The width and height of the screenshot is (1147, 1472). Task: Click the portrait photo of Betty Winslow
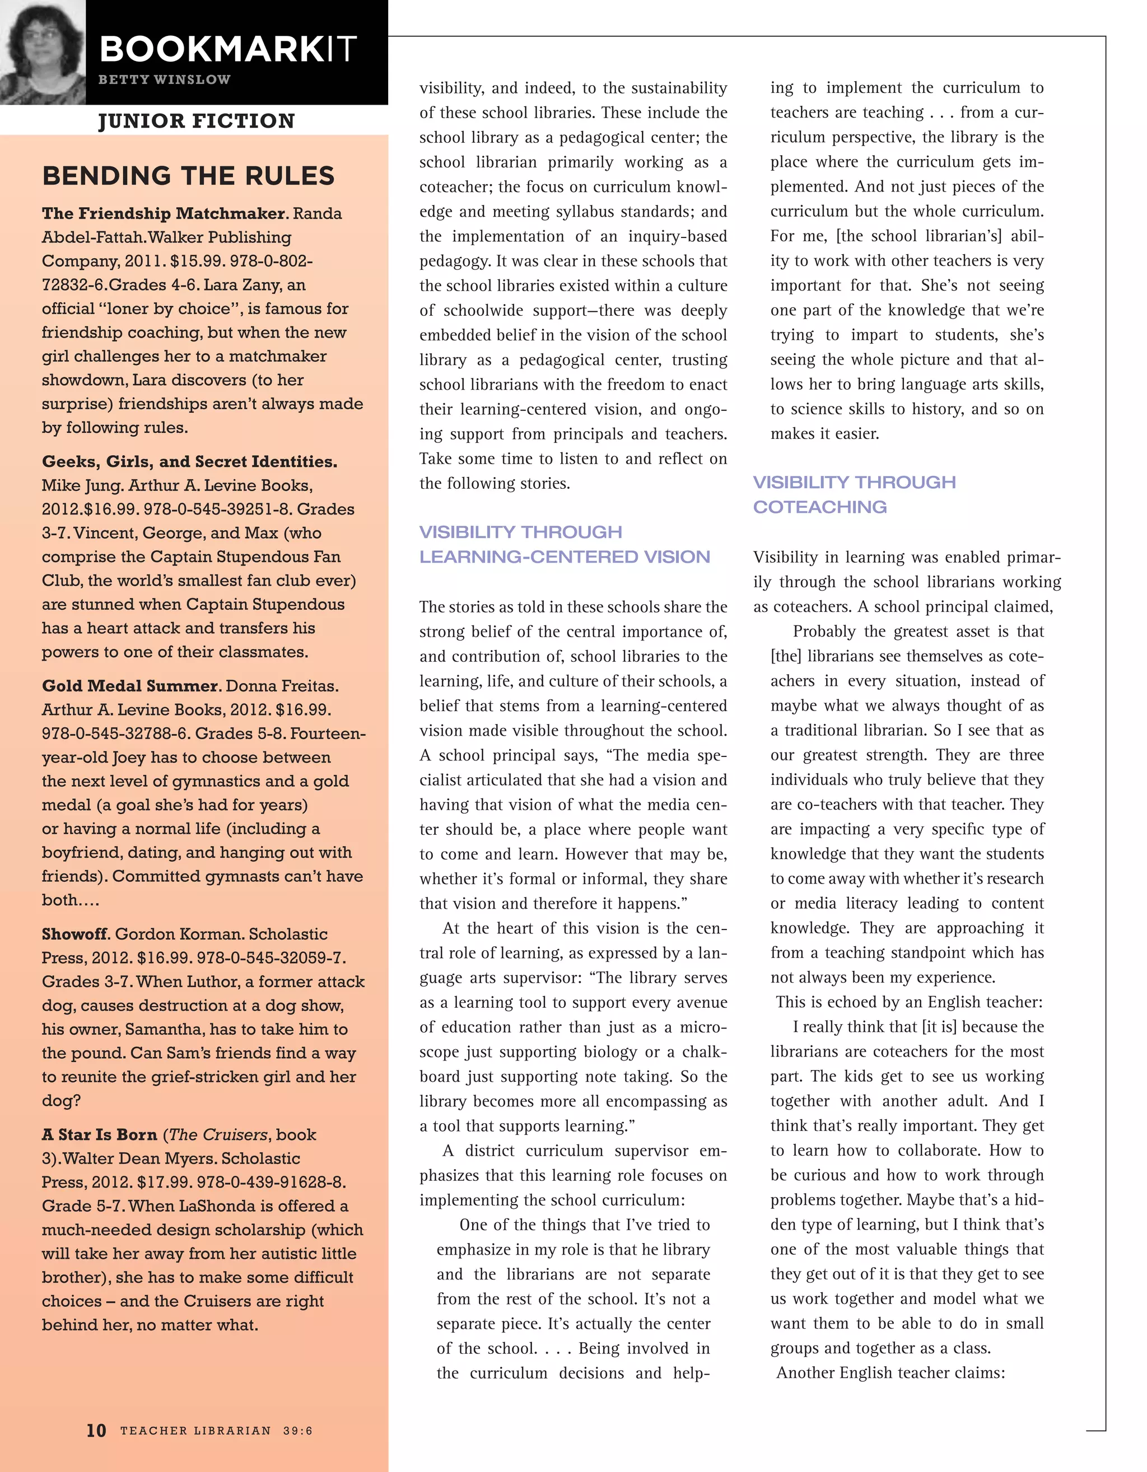(x=42, y=52)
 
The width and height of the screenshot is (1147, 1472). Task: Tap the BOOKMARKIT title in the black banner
(x=228, y=49)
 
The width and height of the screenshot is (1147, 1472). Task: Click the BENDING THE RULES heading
(x=188, y=176)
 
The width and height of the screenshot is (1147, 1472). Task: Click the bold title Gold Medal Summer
(x=131, y=686)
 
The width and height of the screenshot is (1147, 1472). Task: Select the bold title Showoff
(x=76, y=934)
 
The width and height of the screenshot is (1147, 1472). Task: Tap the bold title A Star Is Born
(x=99, y=1134)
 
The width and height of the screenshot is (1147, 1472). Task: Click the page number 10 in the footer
(x=96, y=1430)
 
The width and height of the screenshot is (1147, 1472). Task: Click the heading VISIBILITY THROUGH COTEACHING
(x=854, y=494)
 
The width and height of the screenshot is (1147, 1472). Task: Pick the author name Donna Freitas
(x=282, y=686)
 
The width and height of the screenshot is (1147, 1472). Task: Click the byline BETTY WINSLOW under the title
(x=164, y=80)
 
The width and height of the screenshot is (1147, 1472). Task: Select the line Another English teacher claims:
(x=890, y=1373)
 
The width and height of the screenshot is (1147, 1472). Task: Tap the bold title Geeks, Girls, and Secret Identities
(x=189, y=462)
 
